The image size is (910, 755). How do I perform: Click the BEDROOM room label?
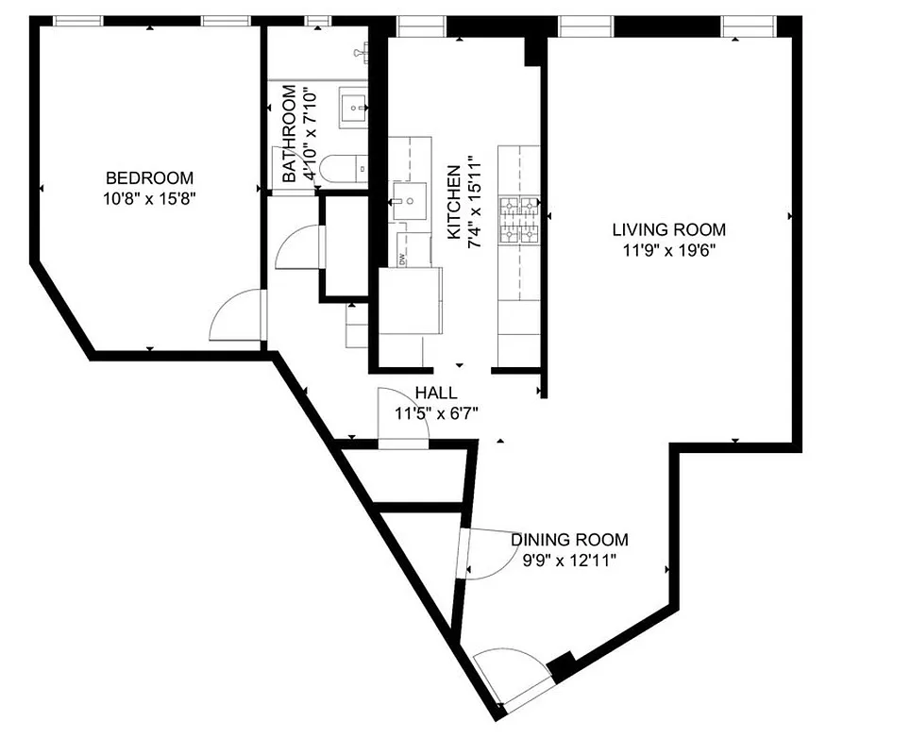point(149,177)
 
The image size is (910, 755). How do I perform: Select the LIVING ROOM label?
point(668,229)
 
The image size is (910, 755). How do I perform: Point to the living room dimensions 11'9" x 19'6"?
point(668,250)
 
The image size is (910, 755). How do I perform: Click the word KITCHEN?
point(454,203)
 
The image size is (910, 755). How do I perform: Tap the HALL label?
point(435,393)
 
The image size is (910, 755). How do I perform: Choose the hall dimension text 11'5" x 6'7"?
point(437,412)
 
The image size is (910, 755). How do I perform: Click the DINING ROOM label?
point(569,540)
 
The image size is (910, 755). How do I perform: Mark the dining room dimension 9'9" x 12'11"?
point(569,560)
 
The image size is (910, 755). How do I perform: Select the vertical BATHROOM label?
point(289,134)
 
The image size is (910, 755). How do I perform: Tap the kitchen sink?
point(410,201)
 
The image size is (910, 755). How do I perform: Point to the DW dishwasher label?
point(401,259)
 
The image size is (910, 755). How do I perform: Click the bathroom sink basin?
point(356,108)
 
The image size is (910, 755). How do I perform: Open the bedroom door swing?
point(236,316)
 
